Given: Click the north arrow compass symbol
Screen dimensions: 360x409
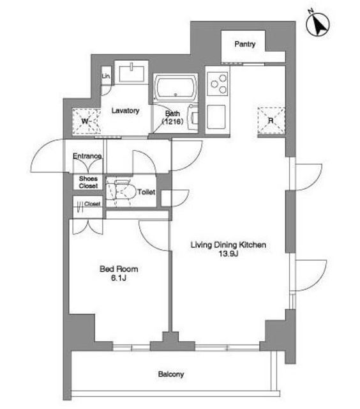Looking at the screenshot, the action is (x=317, y=25).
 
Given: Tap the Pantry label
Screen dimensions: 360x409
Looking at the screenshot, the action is (x=244, y=44).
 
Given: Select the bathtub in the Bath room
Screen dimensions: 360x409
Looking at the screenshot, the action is (x=176, y=88).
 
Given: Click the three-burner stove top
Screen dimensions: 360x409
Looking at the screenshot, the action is (x=218, y=84).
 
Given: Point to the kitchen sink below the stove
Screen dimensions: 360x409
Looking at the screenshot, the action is (x=216, y=117).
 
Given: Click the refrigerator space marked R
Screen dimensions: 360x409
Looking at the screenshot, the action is (x=271, y=120).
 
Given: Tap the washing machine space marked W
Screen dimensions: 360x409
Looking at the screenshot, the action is (x=86, y=121).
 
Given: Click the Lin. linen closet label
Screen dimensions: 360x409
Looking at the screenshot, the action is (x=106, y=76).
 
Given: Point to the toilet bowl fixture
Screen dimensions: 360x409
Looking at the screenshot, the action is (x=122, y=192).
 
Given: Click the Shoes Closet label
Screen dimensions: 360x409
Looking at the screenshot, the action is (x=88, y=182).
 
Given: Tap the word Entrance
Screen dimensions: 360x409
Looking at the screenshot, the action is (x=87, y=156).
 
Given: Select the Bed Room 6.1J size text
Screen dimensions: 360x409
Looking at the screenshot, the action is (x=119, y=274).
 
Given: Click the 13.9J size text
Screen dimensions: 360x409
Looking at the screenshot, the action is (x=229, y=254).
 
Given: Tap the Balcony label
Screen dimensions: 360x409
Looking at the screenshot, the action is (x=171, y=374).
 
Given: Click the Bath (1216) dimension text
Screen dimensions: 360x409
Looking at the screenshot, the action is (x=172, y=118).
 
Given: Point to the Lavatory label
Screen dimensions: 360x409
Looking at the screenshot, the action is (x=125, y=111).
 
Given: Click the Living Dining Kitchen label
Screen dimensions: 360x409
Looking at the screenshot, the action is (x=229, y=245).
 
